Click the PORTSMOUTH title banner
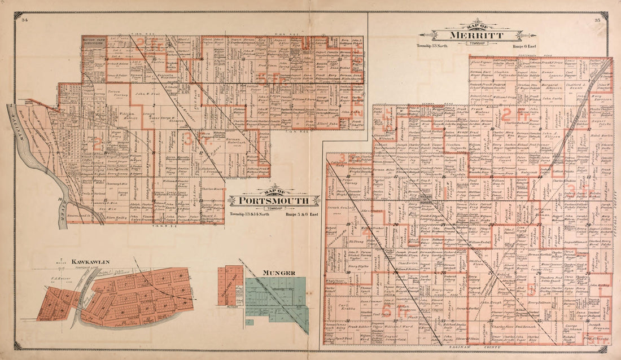click(x=269, y=200)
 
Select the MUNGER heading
click(x=278, y=273)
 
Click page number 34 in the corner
click(x=24, y=20)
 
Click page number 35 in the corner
click(x=597, y=20)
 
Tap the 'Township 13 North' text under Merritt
click(x=431, y=46)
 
